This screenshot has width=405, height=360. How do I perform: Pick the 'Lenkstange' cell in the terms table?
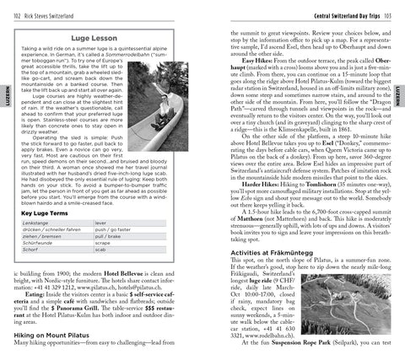click(x=37, y=228)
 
